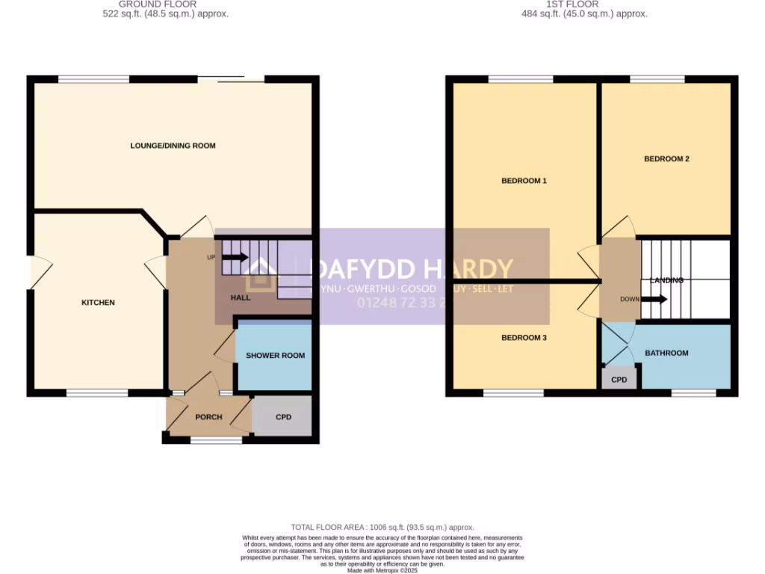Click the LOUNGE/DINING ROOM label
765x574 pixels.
[173, 146]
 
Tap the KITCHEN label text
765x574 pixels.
[99, 303]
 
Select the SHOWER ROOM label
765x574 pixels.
[275, 356]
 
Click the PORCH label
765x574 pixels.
[208, 417]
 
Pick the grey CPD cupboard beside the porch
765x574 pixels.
[282, 417]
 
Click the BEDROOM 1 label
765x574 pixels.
[524, 181]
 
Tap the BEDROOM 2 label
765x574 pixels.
[666, 158]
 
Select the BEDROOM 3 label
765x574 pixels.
[524, 338]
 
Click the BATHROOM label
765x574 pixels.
[666, 353]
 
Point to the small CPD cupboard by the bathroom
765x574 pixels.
[619, 380]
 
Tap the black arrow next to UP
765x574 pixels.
[235, 258]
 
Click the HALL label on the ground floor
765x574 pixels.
[241, 297]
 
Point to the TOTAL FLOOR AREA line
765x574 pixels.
[382, 528]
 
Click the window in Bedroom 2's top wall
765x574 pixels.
[657, 79]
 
